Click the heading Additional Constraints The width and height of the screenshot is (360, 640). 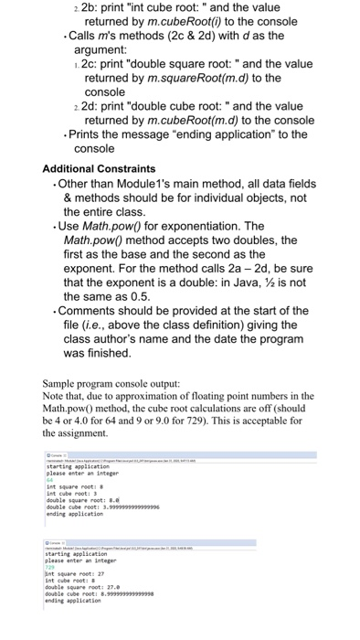tap(99, 169)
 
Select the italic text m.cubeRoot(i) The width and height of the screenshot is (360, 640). tap(173, 27)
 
